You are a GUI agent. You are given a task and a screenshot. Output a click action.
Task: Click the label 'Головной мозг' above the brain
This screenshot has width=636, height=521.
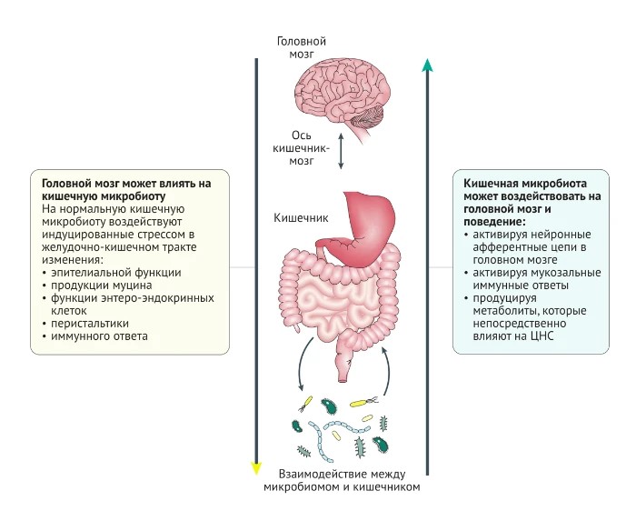[302, 47]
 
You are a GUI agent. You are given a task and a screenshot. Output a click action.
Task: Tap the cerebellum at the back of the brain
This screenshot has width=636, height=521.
[368, 117]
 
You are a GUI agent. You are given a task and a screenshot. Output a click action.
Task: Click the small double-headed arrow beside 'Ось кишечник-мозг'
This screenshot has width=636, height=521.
[341, 151]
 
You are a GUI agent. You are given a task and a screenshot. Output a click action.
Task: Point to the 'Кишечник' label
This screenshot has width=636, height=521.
[301, 218]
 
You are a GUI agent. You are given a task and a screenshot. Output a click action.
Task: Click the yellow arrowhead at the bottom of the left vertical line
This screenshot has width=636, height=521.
[256, 468]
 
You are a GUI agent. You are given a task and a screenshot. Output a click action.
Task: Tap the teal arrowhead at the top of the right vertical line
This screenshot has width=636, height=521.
[427, 65]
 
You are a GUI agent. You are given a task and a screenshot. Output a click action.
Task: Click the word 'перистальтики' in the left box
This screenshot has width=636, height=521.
[90, 324]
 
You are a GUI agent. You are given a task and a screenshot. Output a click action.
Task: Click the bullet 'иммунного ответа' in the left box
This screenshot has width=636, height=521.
[99, 336]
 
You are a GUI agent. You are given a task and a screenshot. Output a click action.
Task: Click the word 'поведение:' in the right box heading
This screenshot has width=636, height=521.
[494, 223]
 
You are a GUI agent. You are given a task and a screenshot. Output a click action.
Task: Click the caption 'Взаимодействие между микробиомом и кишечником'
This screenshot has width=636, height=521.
[342, 480]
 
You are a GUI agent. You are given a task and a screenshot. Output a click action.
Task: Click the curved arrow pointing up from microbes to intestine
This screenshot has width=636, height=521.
[386, 370]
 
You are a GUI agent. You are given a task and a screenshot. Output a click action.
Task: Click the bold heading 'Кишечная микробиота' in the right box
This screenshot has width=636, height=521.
[525, 184]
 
